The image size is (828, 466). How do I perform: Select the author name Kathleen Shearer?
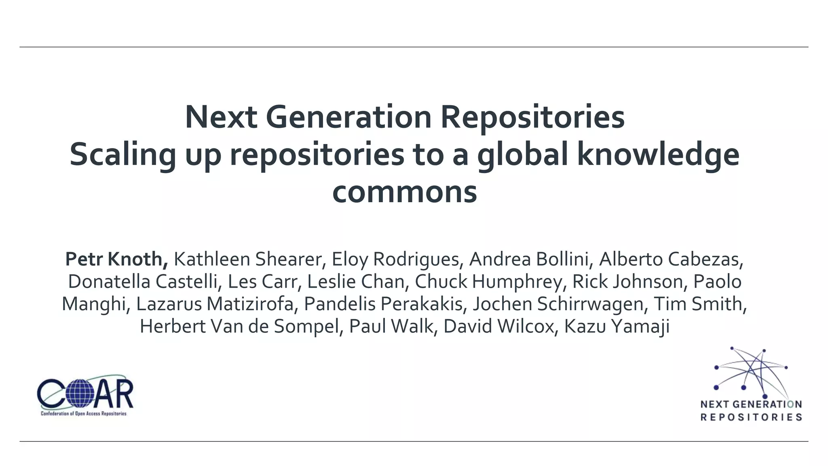tap(247, 259)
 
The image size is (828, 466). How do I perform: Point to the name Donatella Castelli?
tap(143, 282)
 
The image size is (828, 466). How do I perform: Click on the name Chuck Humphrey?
tap(488, 282)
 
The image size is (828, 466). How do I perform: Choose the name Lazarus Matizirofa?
tap(215, 304)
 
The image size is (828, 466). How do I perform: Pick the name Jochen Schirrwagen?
tap(558, 304)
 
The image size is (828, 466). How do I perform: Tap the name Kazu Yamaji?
tap(617, 326)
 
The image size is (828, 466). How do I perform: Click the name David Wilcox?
tap(498, 326)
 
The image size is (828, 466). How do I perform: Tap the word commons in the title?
tap(404, 192)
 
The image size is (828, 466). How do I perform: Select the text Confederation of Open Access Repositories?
tap(84, 413)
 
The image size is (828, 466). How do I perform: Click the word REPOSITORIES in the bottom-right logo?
tap(751, 417)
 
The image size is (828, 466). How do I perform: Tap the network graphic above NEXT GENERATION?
tap(751, 372)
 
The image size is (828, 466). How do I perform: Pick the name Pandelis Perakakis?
tap(383, 304)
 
